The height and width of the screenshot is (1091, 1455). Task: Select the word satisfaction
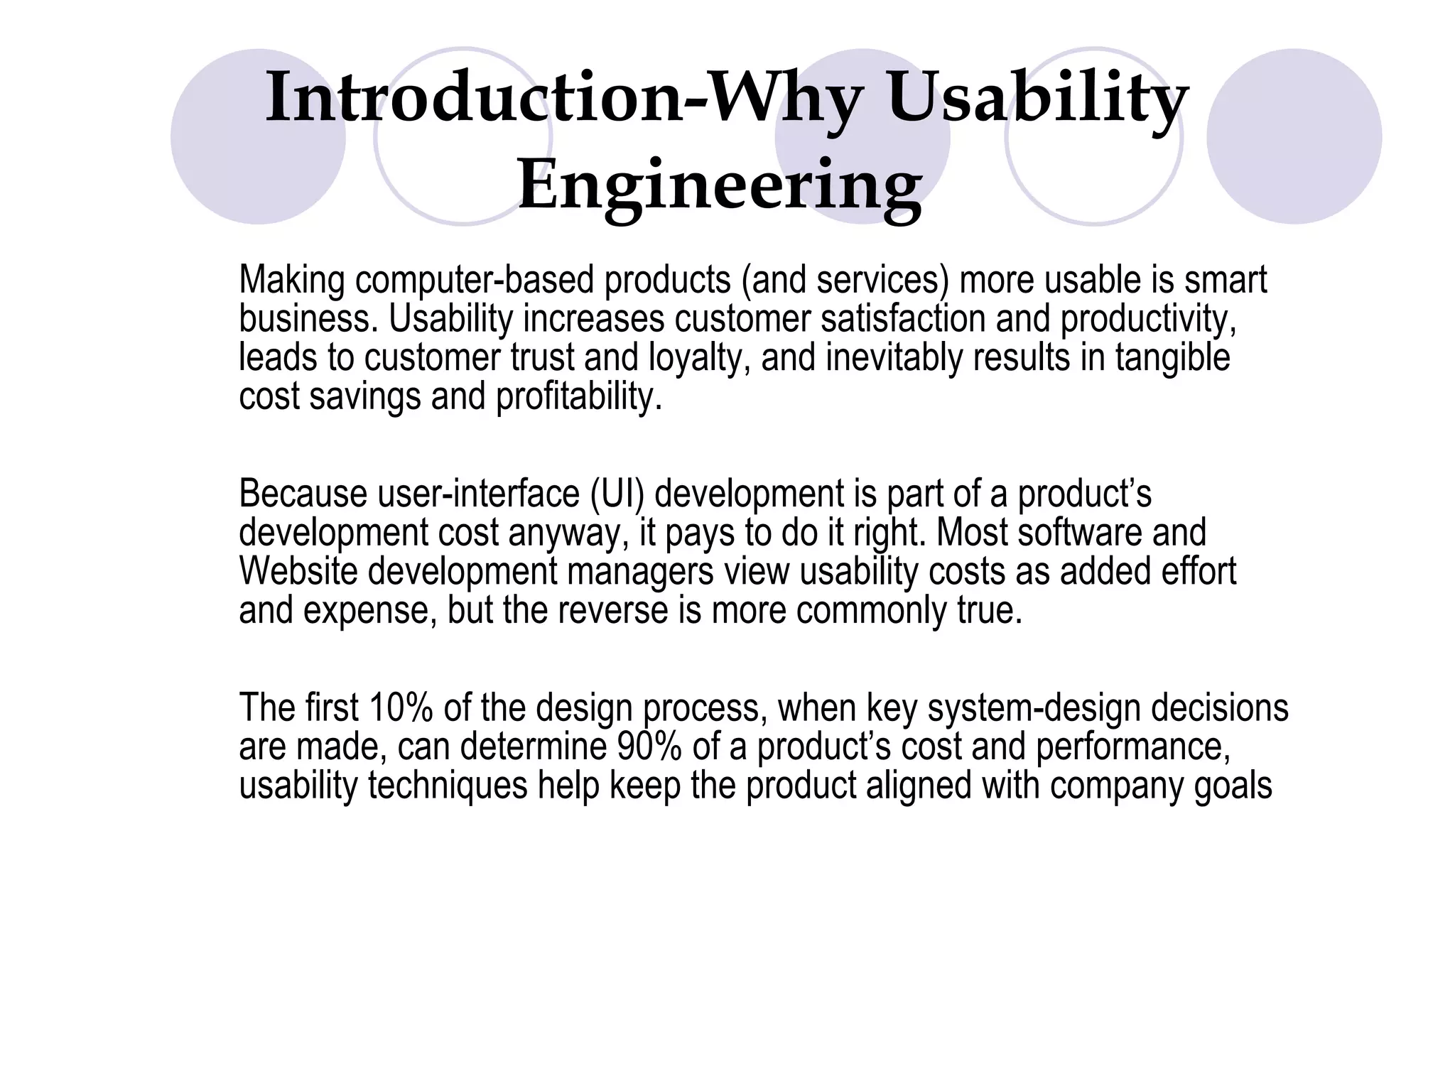(902, 319)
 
